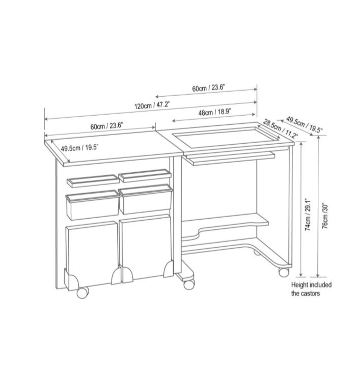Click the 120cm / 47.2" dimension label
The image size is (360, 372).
(152, 105)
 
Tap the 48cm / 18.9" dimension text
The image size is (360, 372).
(215, 112)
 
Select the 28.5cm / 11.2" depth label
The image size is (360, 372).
(280, 129)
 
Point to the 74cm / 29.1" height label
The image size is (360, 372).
(308, 215)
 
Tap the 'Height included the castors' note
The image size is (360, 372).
(311, 289)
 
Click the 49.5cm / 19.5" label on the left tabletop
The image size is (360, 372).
(79, 148)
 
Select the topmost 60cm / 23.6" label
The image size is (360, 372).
(208, 88)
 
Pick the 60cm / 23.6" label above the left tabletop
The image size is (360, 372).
(106, 126)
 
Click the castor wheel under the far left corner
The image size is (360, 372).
(83, 293)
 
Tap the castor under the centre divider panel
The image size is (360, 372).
(189, 284)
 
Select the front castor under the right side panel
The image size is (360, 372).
(284, 272)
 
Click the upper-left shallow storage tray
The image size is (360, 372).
(93, 181)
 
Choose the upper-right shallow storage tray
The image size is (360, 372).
(145, 175)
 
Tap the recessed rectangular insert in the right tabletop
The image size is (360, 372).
(226, 136)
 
